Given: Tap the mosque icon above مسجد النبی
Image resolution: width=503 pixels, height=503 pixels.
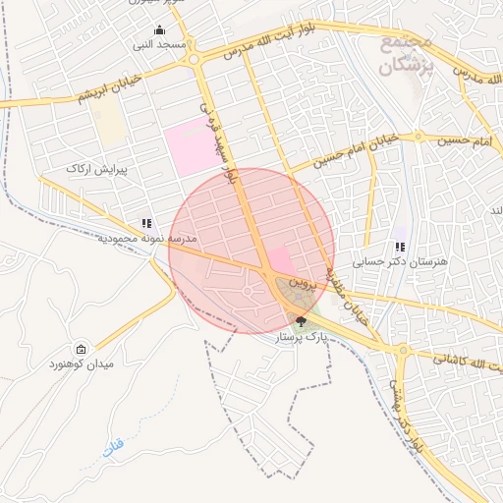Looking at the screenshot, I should [x=159, y=29].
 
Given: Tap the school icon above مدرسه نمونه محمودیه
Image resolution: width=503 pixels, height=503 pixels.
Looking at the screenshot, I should [x=146, y=224].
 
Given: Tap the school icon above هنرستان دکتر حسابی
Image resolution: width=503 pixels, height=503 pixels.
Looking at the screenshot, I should [x=399, y=247].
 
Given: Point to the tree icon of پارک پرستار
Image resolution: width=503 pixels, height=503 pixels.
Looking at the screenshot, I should [x=301, y=321].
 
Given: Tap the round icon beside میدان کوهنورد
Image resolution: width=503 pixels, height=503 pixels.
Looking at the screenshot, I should [x=80, y=350].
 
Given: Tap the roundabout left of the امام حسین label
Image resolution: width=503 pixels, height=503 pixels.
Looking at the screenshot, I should [x=419, y=135].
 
